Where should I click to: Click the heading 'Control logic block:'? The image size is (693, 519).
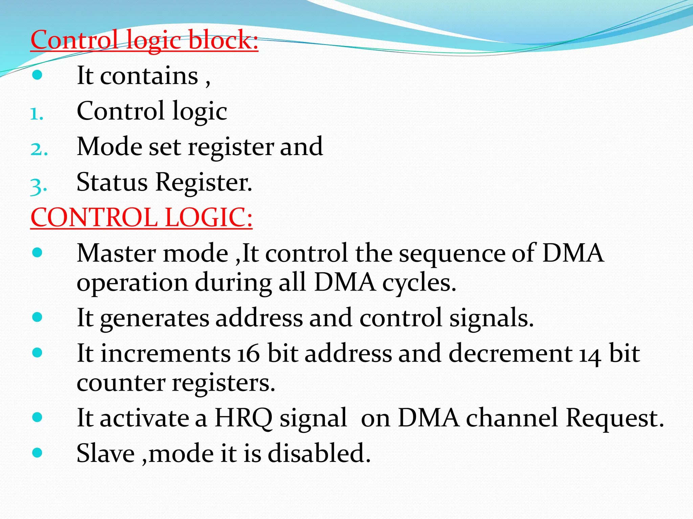(x=144, y=40)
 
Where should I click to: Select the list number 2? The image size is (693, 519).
(x=39, y=149)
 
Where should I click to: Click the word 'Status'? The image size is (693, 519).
(x=112, y=182)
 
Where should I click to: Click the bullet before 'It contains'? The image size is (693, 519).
(x=37, y=75)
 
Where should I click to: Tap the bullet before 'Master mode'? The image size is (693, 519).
(x=37, y=252)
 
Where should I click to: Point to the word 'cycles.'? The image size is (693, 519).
(x=419, y=283)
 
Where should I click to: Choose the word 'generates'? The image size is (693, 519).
(x=155, y=318)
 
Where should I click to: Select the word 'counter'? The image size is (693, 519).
(x=121, y=383)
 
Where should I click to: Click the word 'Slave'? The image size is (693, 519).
(x=106, y=453)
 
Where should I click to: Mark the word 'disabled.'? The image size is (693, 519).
(x=319, y=453)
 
